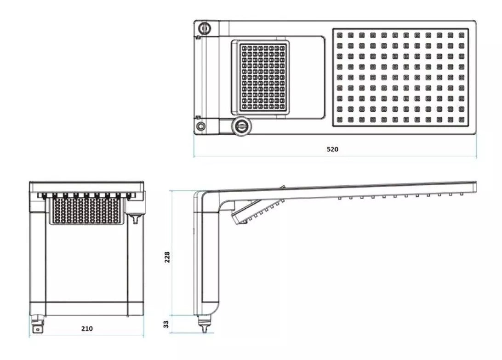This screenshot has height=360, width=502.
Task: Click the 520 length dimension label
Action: [x=332, y=149]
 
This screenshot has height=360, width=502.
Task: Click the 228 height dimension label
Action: [x=168, y=256]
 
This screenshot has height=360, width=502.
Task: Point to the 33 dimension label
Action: [x=166, y=324]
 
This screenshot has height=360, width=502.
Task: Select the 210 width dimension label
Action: [x=87, y=328]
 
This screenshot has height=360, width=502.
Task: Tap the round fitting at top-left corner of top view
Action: [x=204, y=28]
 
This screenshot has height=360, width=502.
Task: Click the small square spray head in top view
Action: [x=261, y=77]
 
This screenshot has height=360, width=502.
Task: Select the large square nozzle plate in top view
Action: [x=401, y=77]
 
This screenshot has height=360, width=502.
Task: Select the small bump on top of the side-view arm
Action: [x=282, y=188]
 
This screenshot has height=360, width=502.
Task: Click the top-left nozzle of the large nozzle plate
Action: [x=340, y=35]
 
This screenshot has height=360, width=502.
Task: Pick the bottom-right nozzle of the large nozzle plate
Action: [x=461, y=119]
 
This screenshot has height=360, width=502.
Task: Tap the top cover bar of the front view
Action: [x=87, y=186]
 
